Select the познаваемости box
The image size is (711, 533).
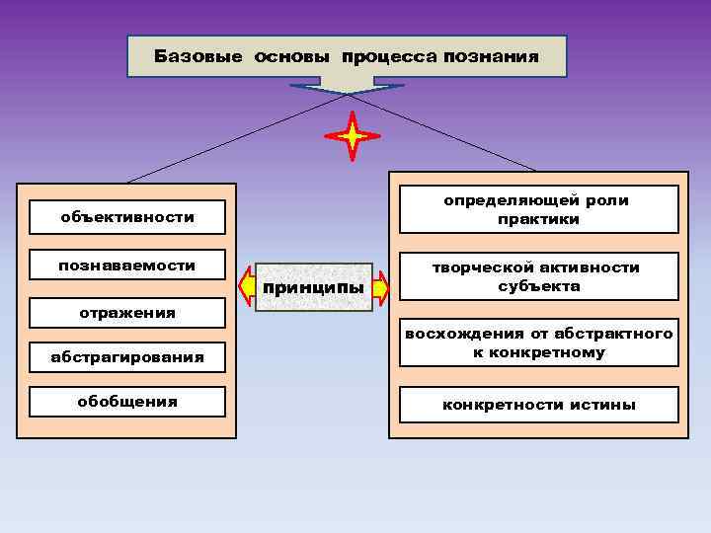pyautogui.click(x=127, y=266)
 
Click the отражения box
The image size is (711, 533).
pyautogui.click(x=127, y=313)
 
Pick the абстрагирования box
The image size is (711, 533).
pyautogui.click(x=127, y=357)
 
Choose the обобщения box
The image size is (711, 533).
pyautogui.click(x=127, y=402)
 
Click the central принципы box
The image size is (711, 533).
pyautogui.click(x=314, y=287)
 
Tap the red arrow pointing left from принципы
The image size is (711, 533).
pyautogui.click(x=247, y=287)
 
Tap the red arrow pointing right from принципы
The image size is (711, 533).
pyautogui.click(x=383, y=287)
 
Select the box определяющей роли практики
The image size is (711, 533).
pyautogui.click(x=538, y=209)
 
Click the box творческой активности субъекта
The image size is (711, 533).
pyautogui.click(x=538, y=277)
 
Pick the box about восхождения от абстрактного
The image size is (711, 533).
pyautogui.click(x=538, y=343)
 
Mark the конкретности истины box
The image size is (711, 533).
pyautogui.click(x=538, y=405)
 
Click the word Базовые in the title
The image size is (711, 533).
pyautogui.click(x=199, y=57)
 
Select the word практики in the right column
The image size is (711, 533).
pyautogui.click(x=538, y=219)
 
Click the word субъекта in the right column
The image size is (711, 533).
pyautogui.click(x=538, y=287)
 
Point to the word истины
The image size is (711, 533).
pyautogui.click(x=602, y=405)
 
